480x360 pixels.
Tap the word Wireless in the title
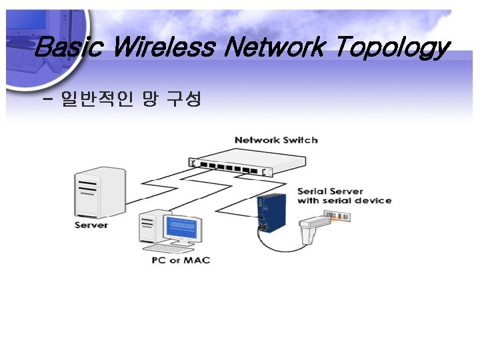click(x=163, y=47)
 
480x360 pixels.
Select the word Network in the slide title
click(x=275, y=47)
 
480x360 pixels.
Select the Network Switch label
click(x=276, y=140)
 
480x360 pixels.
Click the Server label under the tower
click(x=91, y=225)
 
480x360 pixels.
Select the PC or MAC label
click(x=181, y=259)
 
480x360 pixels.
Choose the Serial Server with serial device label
click(x=344, y=196)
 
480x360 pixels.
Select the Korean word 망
click(x=149, y=101)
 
